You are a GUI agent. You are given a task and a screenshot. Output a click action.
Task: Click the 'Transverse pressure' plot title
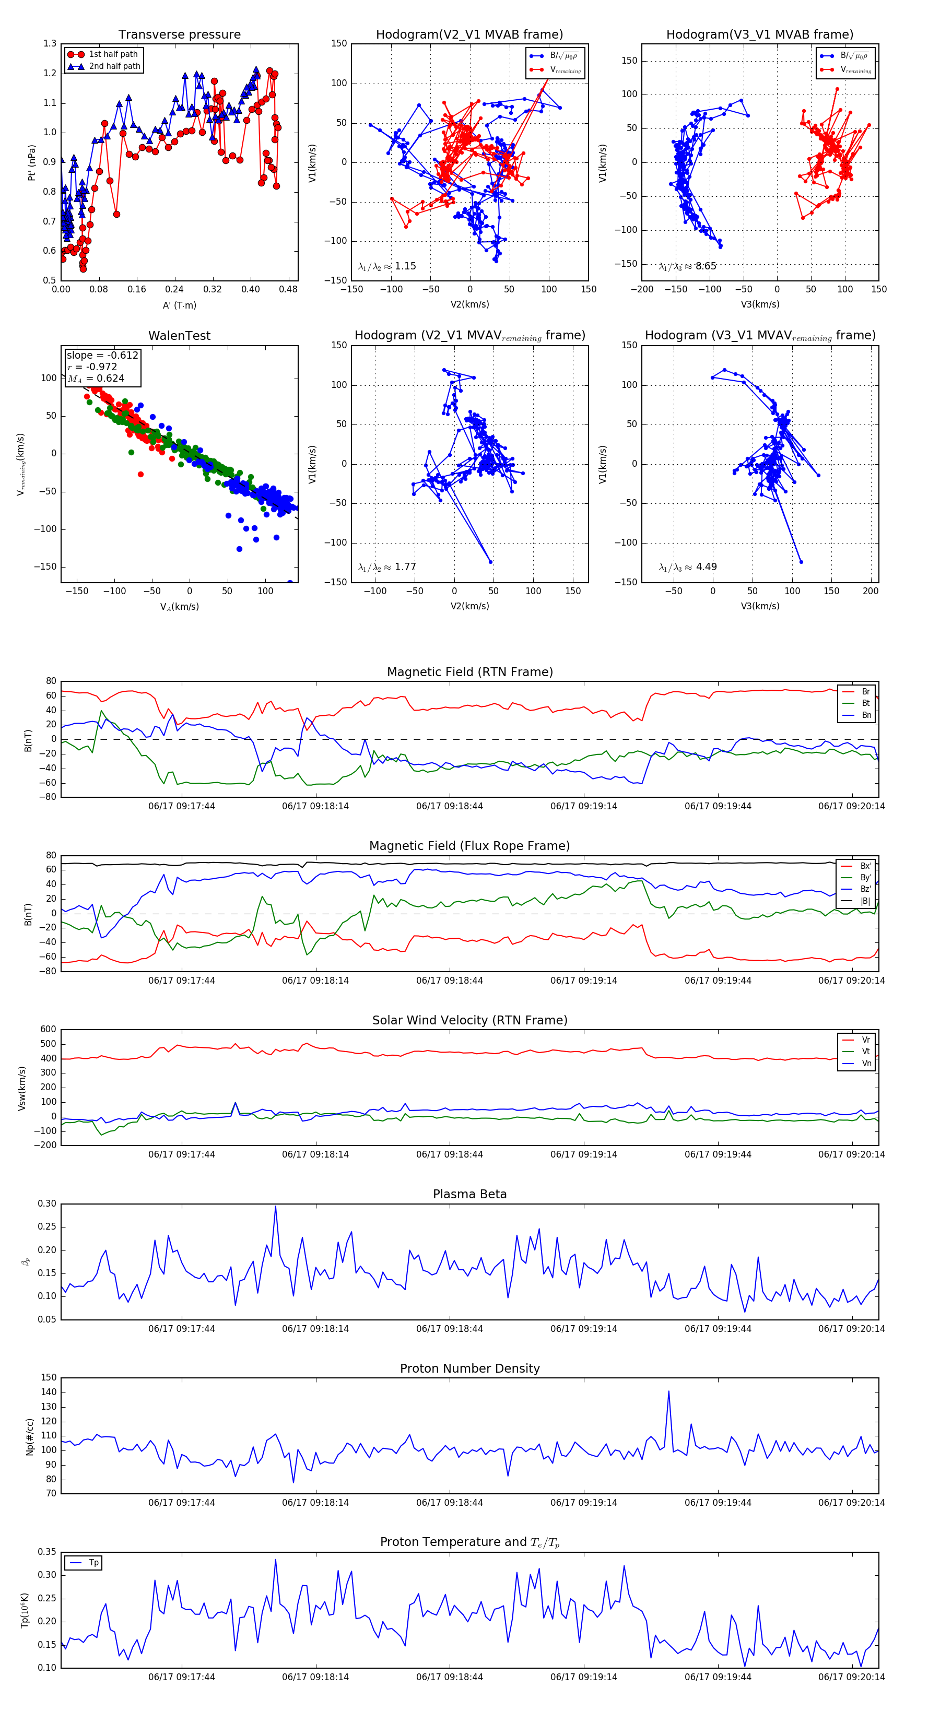click(179, 35)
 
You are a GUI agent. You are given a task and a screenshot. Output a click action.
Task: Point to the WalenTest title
click(179, 336)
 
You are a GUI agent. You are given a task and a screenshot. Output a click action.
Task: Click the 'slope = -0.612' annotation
click(102, 355)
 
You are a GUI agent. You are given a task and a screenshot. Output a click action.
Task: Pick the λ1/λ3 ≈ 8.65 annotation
click(687, 266)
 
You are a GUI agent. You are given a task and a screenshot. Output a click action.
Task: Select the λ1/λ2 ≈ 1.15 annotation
click(386, 266)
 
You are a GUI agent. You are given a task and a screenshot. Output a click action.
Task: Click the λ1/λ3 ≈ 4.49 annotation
click(687, 567)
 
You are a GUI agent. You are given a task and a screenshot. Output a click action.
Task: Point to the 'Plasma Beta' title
click(469, 1195)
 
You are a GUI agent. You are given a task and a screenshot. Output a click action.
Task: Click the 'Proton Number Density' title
click(469, 1368)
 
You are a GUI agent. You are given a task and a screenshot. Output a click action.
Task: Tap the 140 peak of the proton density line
click(668, 1392)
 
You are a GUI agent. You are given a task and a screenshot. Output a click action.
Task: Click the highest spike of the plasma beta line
click(275, 1207)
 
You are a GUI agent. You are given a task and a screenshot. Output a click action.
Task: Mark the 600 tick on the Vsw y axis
click(48, 1030)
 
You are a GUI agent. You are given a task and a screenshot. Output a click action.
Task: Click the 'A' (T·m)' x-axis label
click(179, 305)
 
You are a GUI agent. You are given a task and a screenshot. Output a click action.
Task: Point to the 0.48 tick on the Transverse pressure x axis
click(288, 290)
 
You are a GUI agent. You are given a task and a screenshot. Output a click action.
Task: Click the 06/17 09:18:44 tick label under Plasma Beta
click(450, 1329)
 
